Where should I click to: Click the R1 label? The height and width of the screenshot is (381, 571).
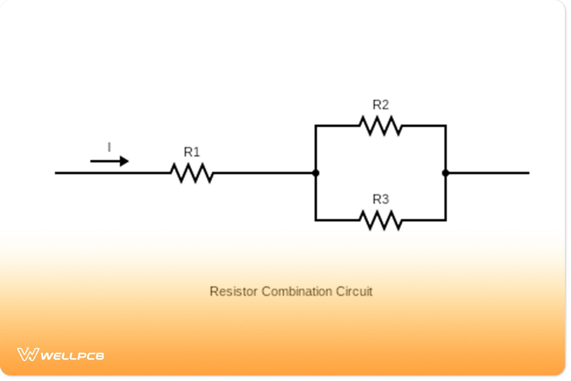click(192, 152)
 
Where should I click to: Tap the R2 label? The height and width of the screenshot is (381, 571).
click(381, 105)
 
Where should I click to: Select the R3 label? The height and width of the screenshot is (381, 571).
click(381, 199)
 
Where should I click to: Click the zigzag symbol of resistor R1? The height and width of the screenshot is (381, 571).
click(192, 173)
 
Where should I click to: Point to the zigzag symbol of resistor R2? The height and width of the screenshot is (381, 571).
click(381, 126)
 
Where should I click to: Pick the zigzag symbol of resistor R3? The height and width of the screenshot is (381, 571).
click(381, 220)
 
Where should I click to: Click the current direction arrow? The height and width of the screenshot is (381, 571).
click(109, 161)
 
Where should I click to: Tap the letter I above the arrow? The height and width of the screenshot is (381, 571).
click(109, 147)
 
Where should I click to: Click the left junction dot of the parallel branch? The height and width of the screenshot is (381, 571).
click(316, 173)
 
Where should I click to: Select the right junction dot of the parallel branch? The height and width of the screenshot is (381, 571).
click(446, 173)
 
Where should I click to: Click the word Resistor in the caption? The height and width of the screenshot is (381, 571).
click(233, 291)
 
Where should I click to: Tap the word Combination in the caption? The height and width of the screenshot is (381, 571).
click(297, 291)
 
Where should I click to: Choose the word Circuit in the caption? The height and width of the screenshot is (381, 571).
click(354, 291)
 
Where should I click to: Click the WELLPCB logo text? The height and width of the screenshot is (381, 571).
click(72, 356)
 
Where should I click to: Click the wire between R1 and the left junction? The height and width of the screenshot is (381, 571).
click(263, 173)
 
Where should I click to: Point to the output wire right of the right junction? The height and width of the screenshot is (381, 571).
click(488, 173)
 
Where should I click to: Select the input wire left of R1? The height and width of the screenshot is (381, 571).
click(112, 173)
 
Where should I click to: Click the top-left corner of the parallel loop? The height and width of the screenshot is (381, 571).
click(316, 126)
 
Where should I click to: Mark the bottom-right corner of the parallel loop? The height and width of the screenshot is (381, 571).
click(446, 220)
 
